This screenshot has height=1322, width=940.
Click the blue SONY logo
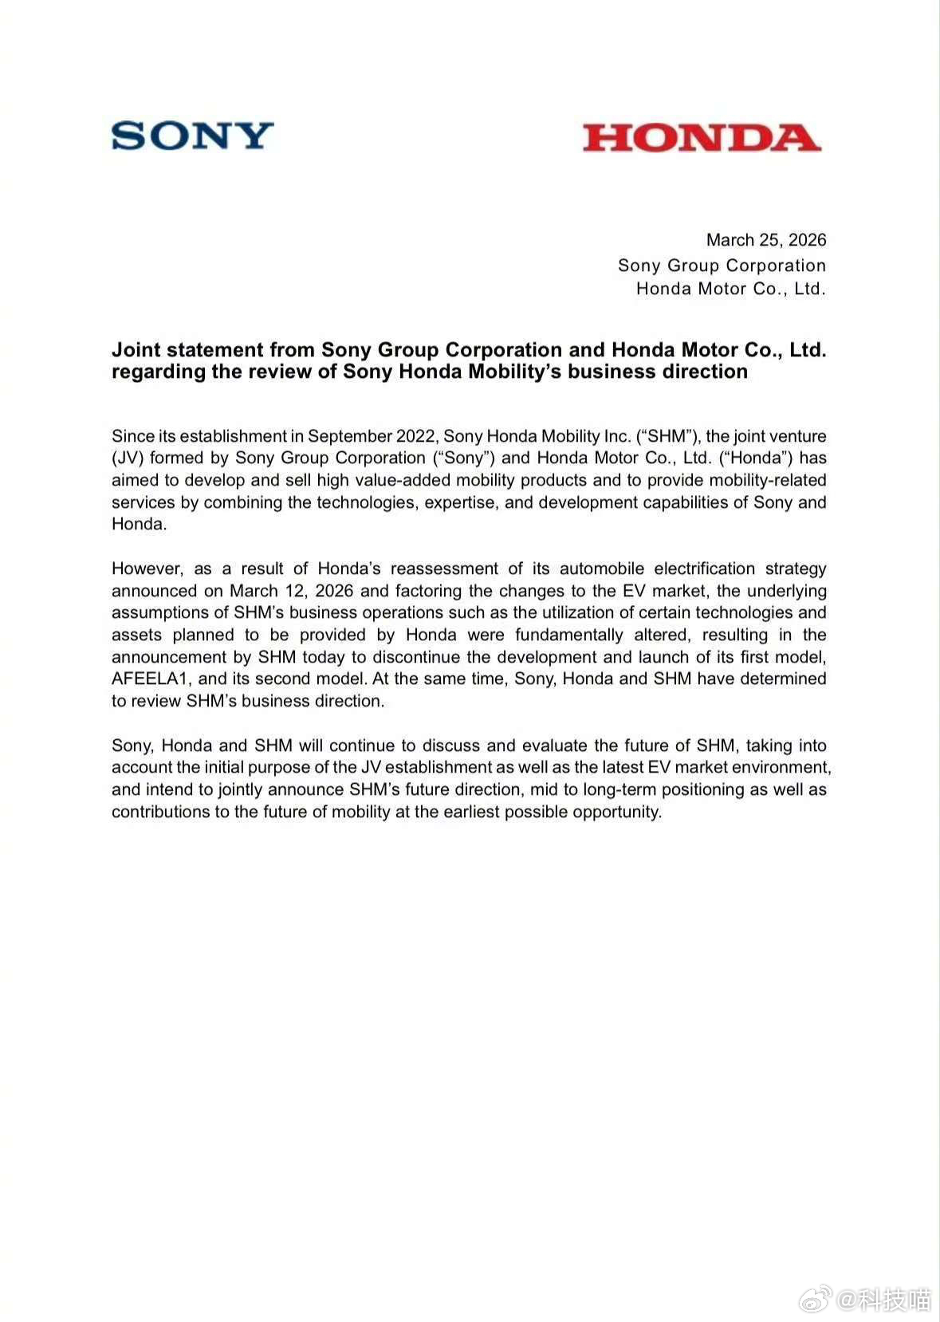192,136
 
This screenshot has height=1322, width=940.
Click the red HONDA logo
702,138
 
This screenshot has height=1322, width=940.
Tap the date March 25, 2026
765,240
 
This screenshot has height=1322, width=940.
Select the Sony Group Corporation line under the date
722,266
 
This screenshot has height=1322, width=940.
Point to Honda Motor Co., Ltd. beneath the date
730,289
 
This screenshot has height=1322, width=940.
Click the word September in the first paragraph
348,436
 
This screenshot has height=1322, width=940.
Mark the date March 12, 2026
291,591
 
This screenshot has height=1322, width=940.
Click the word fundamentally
568,635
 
